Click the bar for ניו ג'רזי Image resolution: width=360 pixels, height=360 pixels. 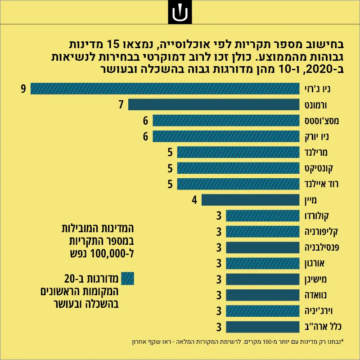click(x=165, y=89)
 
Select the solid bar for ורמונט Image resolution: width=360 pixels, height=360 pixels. click(x=214, y=104)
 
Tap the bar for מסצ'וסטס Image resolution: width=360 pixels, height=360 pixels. click(x=226, y=121)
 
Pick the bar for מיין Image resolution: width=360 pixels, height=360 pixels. click(x=251, y=200)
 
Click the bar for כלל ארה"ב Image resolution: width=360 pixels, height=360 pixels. click(x=263, y=327)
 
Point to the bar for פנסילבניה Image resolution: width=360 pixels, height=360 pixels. click(x=263, y=247)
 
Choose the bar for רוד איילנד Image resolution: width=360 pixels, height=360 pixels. click(x=238, y=184)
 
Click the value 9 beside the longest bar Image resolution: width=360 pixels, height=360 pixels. click(x=23, y=89)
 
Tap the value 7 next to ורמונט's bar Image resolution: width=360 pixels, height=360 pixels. click(x=121, y=104)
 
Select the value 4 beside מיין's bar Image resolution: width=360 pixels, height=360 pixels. click(x=194, y=200)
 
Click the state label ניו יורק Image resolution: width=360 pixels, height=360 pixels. click(x=317, y=137)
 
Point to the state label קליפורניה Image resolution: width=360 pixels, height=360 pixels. click(x=321, y=232)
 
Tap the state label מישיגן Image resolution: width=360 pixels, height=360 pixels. click(x=315, y=279)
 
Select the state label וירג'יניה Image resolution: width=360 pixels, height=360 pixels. click(x=319, y=311)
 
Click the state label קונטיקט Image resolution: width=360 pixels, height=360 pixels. click(x=319, y=168)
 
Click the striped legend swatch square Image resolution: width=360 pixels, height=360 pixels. click(x=127, y=279)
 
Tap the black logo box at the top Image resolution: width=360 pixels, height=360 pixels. click(x=180, y=12)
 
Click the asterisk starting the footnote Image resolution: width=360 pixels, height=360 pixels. click(x=342, y=341)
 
